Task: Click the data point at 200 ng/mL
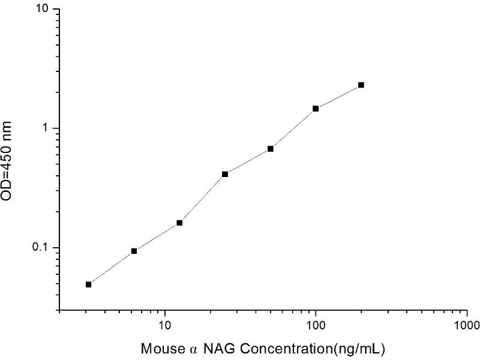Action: pos(361,85)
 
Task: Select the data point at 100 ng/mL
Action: pos(316,109)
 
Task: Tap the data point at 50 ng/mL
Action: pos(271,149)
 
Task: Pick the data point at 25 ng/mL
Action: pos(225,174)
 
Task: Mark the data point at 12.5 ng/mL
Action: pos(179,223)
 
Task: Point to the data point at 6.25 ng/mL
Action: pos(134,251)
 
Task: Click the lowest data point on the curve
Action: pos(89,284)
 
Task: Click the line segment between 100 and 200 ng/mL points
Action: pos(338,97)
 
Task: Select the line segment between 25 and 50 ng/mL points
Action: pos(248,161)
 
